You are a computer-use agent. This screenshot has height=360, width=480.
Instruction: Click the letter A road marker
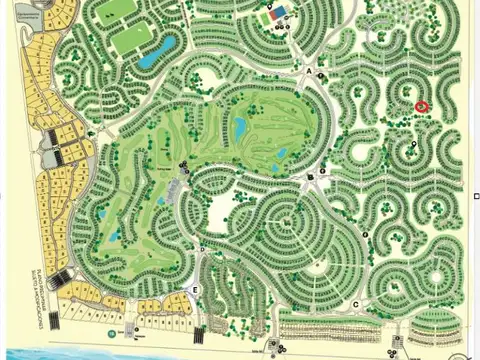click(x=321, y=74)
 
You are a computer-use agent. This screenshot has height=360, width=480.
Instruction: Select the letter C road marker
click(x=356, y=304)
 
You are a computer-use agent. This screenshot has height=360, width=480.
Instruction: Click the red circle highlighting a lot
click(x=421, y=106)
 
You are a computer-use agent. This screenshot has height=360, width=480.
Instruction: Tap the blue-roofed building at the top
click(x=278, y=13)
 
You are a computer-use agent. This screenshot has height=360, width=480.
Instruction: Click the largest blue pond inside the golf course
click(x=240, y=125)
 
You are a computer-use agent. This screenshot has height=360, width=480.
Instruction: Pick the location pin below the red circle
click(x=413, y=144)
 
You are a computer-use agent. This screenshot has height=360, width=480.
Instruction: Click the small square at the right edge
click(x=474, y=196)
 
